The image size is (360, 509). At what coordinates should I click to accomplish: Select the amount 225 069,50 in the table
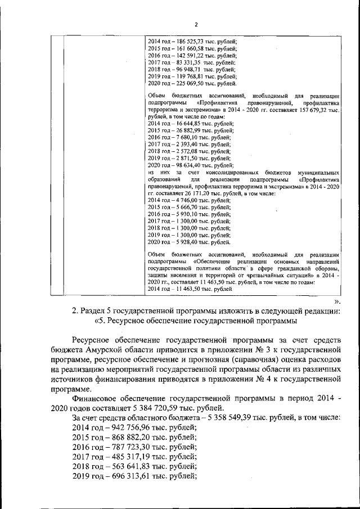tap(191, 83)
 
